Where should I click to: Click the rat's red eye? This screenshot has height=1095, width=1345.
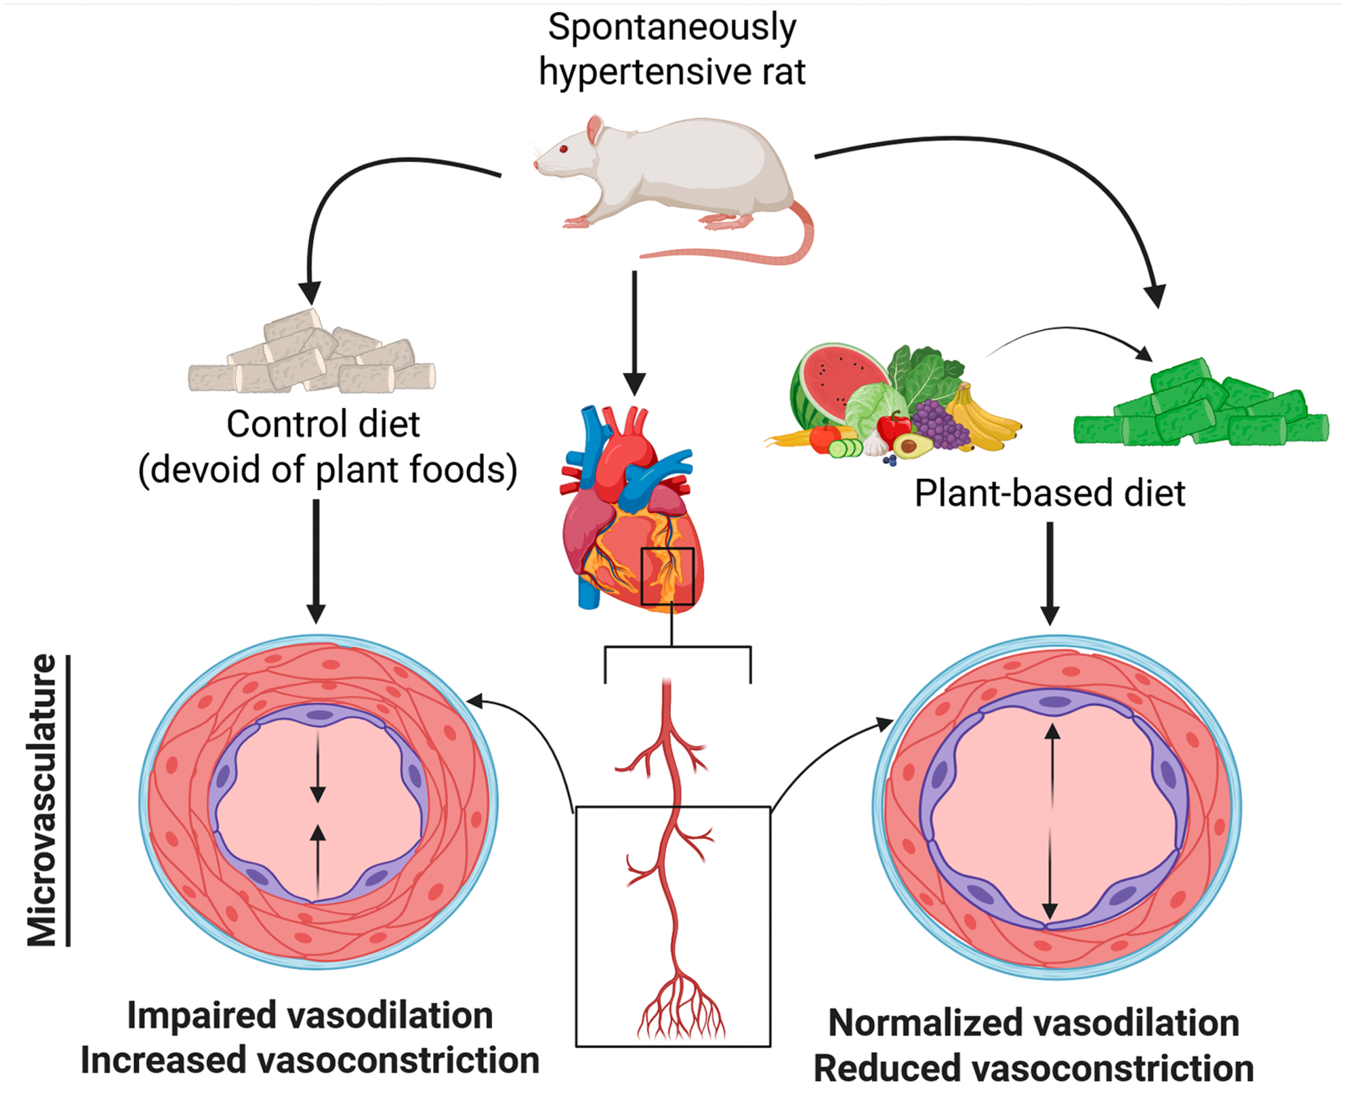(563, 149)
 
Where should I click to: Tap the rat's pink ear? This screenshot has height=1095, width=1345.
(595, 129)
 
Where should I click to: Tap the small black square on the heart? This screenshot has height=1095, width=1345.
(667, 576)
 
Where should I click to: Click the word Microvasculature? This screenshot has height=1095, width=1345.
(42, 800)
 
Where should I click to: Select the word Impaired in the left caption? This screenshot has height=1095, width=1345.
(201, 1016)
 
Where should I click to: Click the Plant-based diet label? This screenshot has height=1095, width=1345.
(1050, 493)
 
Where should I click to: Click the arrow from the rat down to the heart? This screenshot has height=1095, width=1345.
(634, 332)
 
